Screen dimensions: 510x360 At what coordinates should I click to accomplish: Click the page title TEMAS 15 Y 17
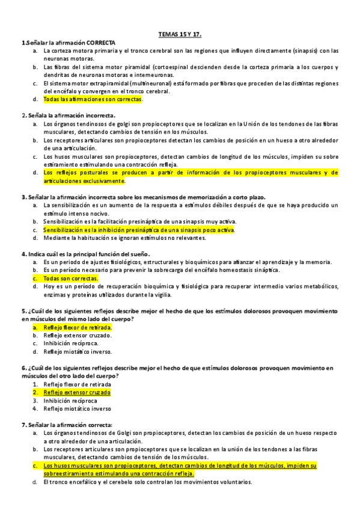(x=180, y=35)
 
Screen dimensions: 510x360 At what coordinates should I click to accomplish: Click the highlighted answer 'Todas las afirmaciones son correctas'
(x=93, y=99)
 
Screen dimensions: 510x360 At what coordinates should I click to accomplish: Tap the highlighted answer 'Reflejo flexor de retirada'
(x=78, y=327)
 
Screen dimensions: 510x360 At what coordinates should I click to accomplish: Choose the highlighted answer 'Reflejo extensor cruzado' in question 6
(x=77, y=392)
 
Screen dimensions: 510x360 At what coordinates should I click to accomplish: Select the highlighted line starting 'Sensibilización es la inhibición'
(x=139, y=230)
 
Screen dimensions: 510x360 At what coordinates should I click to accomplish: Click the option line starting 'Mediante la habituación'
(x=124, y=238)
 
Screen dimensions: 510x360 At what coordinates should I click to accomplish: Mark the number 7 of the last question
(x=23, y=425)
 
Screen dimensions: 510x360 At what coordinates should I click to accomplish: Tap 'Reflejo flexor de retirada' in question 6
(x=77, y=384)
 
